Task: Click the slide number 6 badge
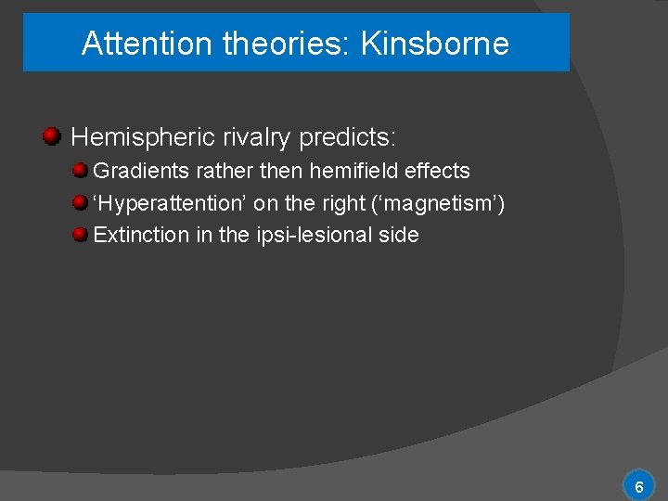pyautogui.click(x=638, y=486)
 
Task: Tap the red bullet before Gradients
pyautogui.click(x=82, y=171)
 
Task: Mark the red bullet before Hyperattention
pyautogui.click(x=82, y=202)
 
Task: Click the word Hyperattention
pyautogui.click(x=170, y=203)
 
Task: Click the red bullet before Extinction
pyautogui.click(x=82, y=234)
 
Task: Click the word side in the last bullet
pyautogui.click(x=398, y=235)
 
